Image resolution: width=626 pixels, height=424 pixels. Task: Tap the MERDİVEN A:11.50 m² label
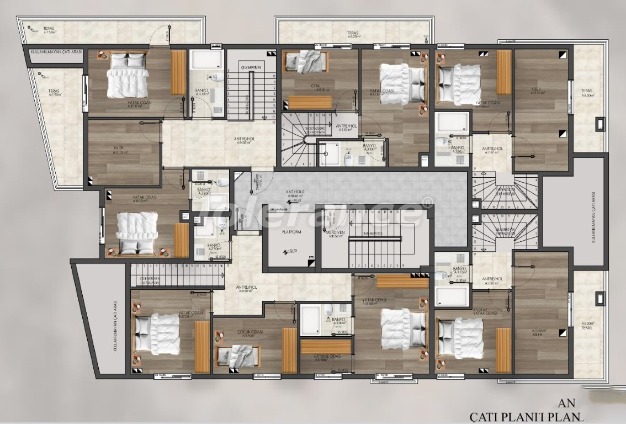pos(336,234)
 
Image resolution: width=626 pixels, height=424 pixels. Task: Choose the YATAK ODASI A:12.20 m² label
pos(191,314)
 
